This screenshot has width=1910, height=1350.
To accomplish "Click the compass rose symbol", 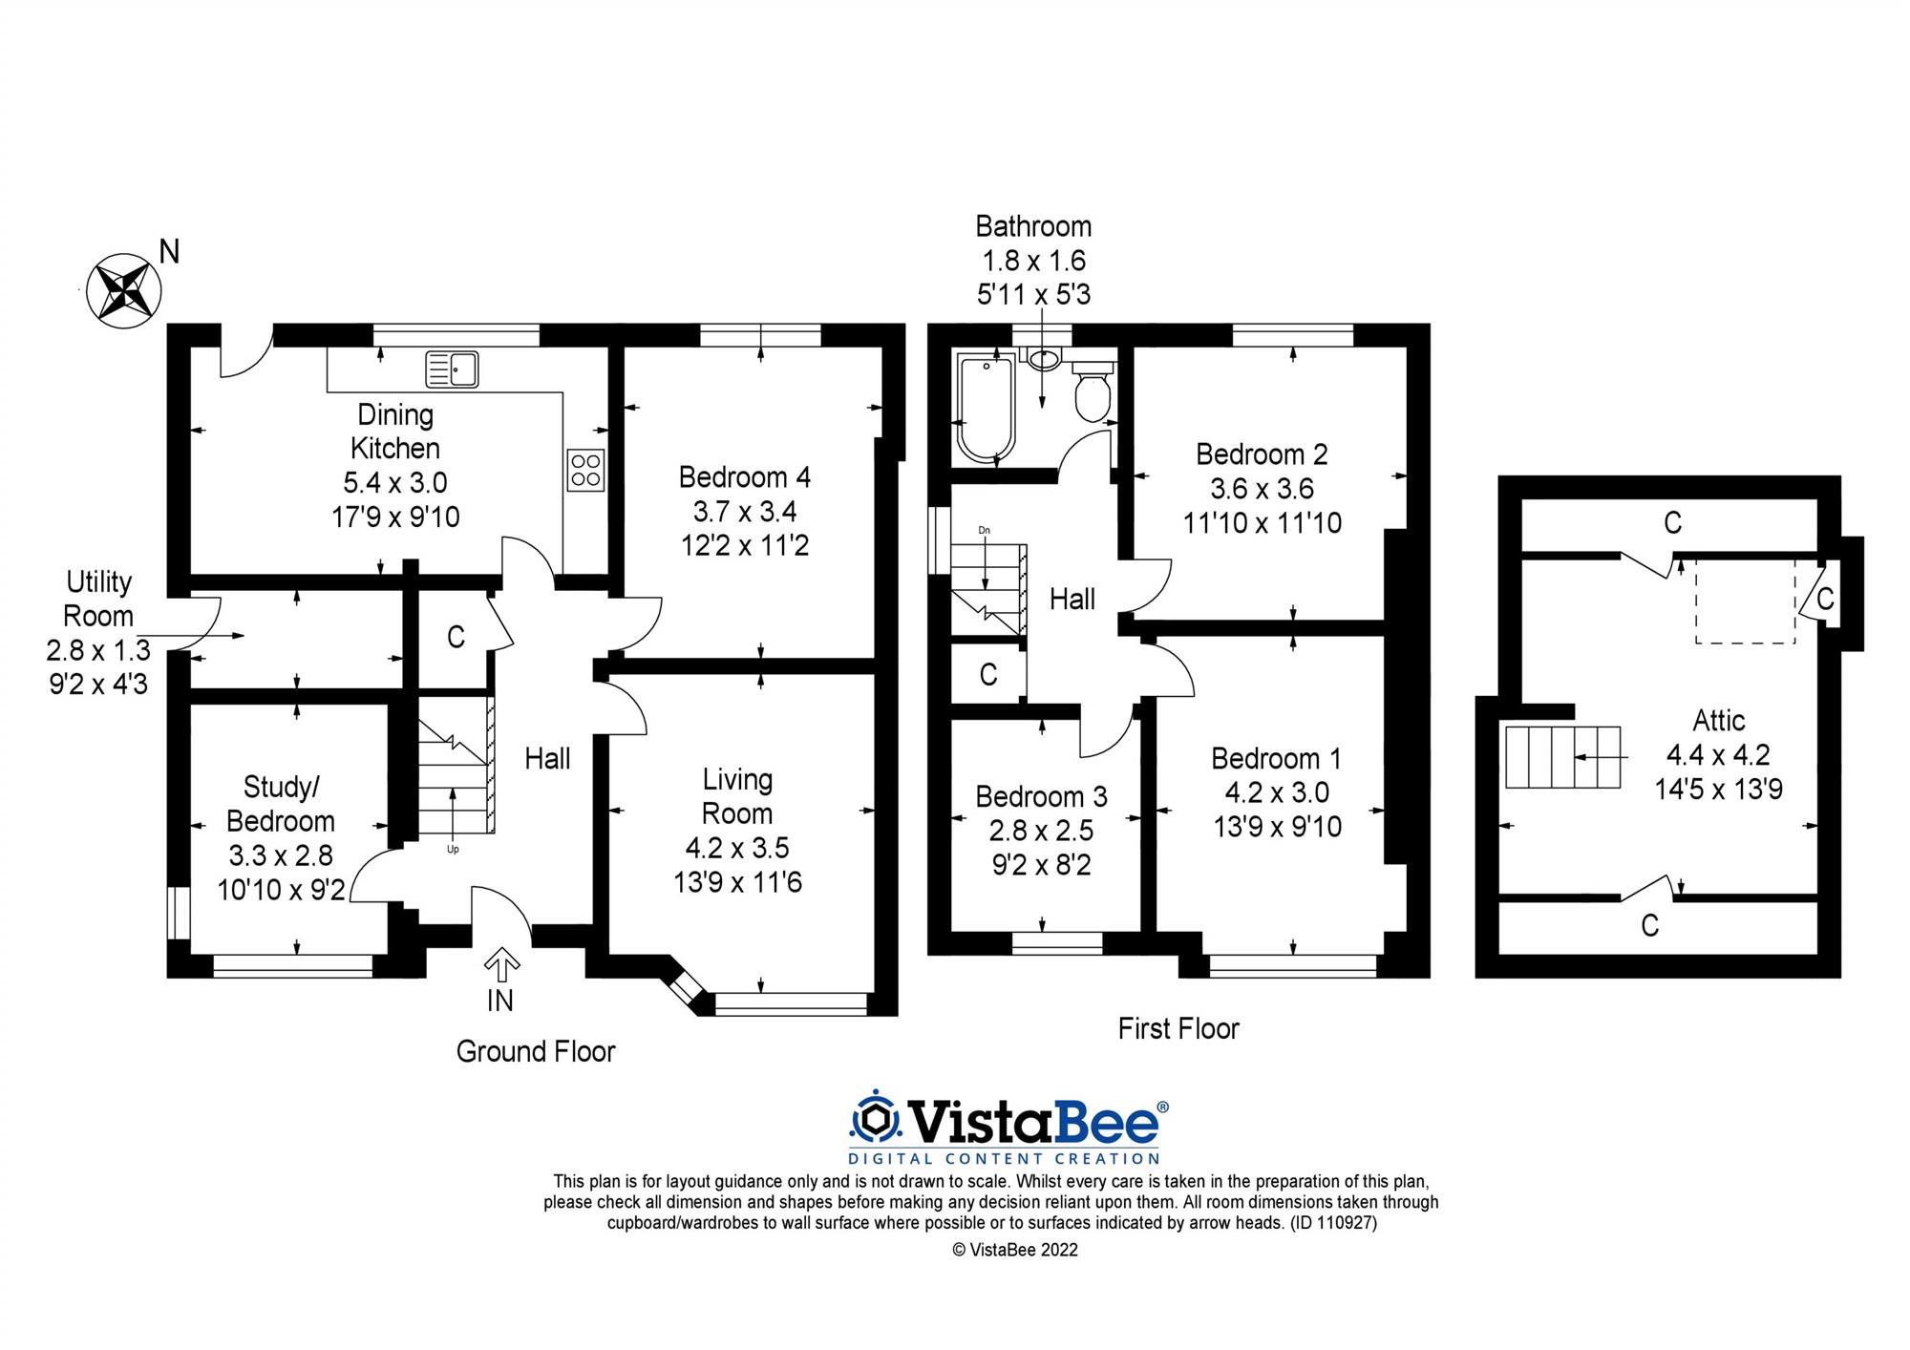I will point(123,291).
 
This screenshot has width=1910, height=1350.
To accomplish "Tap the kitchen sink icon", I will point(452,369).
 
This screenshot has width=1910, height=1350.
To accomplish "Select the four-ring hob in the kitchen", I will point(585,470).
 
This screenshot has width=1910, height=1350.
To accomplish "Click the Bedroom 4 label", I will point(745,476).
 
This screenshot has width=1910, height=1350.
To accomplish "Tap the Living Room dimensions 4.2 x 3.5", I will point(737,848).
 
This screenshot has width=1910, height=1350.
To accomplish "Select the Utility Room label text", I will point(98,599).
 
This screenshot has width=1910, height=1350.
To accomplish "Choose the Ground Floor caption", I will point(536,1051).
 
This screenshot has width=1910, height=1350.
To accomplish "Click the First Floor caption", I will point(1178,1028).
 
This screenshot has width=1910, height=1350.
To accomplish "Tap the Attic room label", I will point(1718,720).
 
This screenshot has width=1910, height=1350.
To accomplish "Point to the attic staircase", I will point(1562,757).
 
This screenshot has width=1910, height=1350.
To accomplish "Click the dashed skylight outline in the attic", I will point(1745,601).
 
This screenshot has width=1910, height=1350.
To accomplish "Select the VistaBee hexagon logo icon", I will point(876,1119).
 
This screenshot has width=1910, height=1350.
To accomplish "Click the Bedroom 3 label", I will point(1041,796).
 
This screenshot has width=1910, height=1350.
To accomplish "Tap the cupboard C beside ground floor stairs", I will point(456,637).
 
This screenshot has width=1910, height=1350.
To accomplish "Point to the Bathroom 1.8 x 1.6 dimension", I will point(1033,261).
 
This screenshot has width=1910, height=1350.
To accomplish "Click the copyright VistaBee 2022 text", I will point(1015,1250).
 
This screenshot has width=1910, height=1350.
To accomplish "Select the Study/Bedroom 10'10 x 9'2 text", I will point(281,890).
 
